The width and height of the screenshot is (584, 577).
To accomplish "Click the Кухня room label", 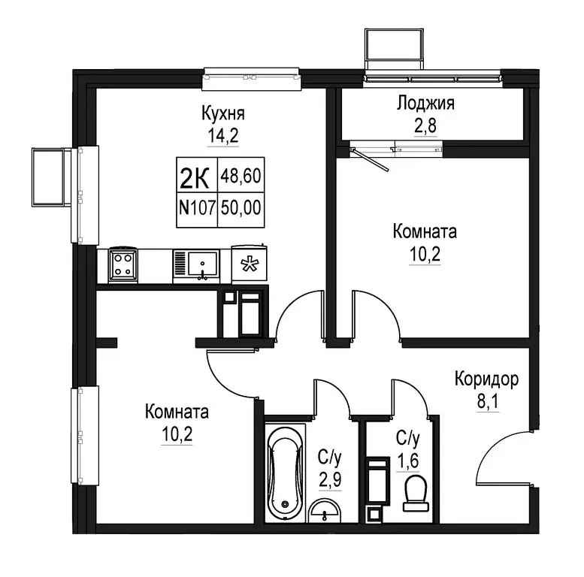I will pyautogui.click(x=224, y=114).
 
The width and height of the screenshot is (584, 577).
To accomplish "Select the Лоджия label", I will pyautogui.click(x=425, y=104).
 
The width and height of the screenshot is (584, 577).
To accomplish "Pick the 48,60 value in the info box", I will pyautogui.click(x=244, y=177).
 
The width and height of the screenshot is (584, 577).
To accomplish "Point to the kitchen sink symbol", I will pyautogui.click(x=201, y=264).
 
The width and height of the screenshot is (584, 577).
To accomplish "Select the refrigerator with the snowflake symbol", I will pyautogui.click(x=249, y=264).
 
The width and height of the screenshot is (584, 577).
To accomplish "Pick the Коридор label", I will pyautogui.click(x=486, y=379).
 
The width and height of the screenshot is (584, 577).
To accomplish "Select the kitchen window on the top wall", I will pyautogui.click(x=252, y=73).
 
